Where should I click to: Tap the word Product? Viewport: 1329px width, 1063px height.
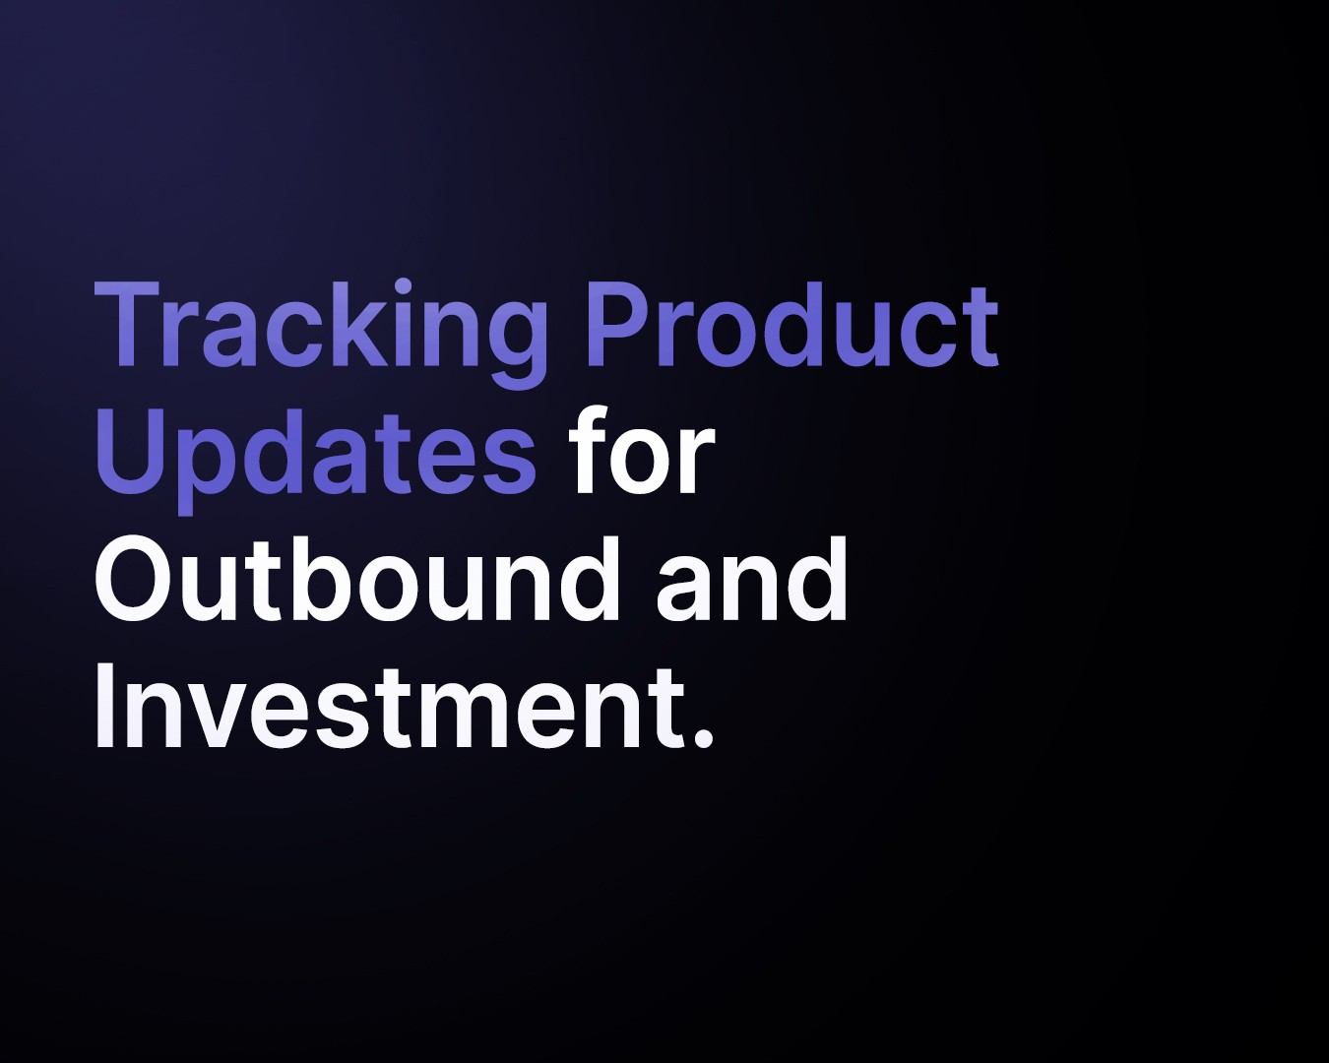pos(792,324)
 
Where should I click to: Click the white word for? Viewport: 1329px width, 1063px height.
pos(642,450)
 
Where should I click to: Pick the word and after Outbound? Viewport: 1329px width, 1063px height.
pos(751,578)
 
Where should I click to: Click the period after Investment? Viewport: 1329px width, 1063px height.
pos(702,737)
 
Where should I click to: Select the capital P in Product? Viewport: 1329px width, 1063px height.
pos(619,324)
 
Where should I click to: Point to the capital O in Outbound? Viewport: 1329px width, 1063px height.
pos(135,579)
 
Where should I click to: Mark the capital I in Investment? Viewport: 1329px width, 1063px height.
pos(102,705)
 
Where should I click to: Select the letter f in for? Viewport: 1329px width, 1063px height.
pos(592,450)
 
